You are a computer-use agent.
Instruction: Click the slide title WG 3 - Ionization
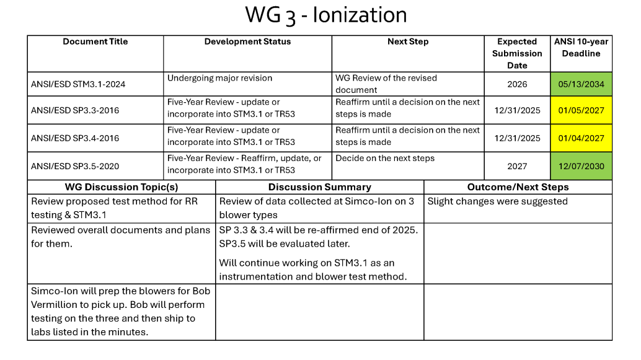point(325,15)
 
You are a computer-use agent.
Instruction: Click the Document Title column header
point(95,42)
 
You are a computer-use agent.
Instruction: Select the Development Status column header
point(247,42)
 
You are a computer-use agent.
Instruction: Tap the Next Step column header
point(408,42)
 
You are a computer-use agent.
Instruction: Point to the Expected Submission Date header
point(517,53)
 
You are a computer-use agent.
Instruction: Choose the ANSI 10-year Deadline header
point(581,47)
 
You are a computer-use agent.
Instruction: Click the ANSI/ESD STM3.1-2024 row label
point(78,84)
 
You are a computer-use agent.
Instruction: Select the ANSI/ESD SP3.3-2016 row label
point(75,110)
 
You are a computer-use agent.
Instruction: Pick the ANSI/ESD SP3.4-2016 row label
point(75,138)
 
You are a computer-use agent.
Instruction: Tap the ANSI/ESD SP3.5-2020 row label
point(75,166)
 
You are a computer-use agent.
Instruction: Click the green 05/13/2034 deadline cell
point(581,84)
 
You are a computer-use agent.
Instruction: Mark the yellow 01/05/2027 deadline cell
point(581,110)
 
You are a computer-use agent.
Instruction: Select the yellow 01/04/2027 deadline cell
point(581,138)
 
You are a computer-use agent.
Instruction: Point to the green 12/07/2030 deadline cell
point(581,166)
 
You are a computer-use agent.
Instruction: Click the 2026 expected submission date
point(517,84)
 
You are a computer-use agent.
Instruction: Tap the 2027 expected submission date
point(517,166)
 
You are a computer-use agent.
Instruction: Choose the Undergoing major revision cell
point(219,78)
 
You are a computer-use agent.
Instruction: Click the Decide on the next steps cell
point(385,158)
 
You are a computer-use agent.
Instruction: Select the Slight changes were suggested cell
point(497,201)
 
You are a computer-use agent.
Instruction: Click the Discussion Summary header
point(319,187)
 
